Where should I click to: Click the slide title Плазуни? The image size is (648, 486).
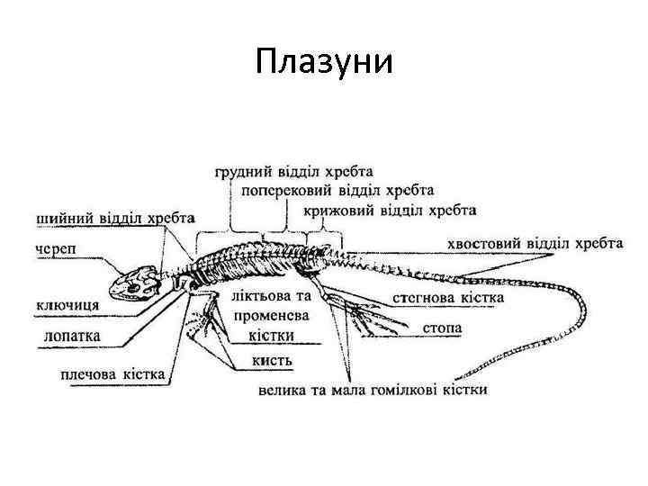[324, 63]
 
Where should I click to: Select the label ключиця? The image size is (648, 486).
[68, 304]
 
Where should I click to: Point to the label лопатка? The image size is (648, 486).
[72, 337]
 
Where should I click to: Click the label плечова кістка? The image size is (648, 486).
[112, 374]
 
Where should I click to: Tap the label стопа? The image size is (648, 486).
[442, 328]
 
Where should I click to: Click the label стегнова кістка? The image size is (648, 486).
[448, 297]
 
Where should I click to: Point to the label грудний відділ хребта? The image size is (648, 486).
[295, 170]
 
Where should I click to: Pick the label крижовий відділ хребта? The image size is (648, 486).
[390, 211]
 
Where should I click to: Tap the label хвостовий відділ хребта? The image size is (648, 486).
[535, 243]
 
